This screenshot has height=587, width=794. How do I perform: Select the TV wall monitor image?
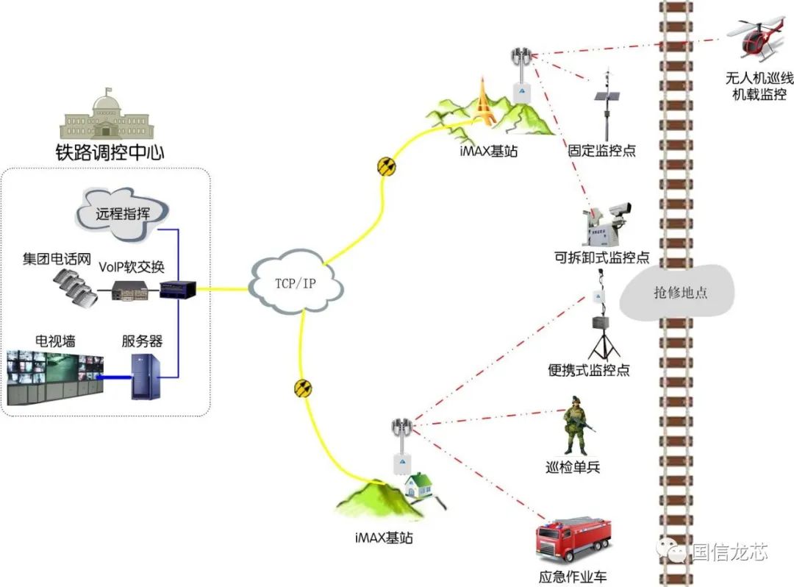pos(55,377)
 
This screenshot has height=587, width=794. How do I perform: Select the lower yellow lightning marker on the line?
pos(301,388)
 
